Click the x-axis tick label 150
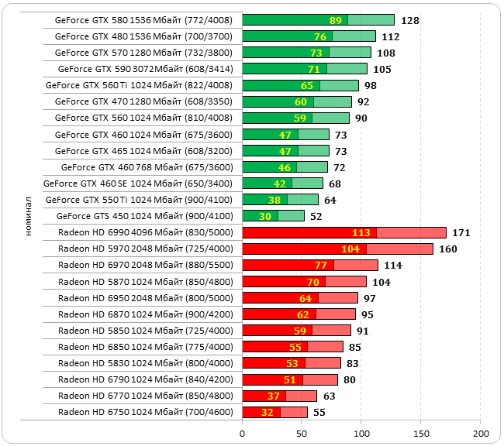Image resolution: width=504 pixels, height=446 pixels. (x=421, y=432)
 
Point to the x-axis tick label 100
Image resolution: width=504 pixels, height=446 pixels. (x=361, y=432)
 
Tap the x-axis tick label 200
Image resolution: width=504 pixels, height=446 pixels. (x=481, y=432)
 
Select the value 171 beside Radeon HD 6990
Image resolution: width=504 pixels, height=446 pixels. (x=461, y=232)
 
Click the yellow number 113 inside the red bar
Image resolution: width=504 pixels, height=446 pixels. (x=361, y=232)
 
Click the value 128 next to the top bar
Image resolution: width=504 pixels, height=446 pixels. (x=411, y=20)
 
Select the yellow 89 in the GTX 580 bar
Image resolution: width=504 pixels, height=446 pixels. (x=336, y=20)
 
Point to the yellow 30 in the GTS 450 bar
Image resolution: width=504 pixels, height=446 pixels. (x=265, y=216)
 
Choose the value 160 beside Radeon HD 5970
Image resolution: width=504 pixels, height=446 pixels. (x=448, y=249)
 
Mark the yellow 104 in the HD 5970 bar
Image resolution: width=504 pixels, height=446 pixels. (x=350, y=249)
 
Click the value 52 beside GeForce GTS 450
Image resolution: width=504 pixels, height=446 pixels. (x=316, y=216)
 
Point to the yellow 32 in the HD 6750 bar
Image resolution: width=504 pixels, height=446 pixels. (x=268, y=413)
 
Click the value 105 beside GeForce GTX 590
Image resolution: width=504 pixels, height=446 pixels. (x=382, y=69)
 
